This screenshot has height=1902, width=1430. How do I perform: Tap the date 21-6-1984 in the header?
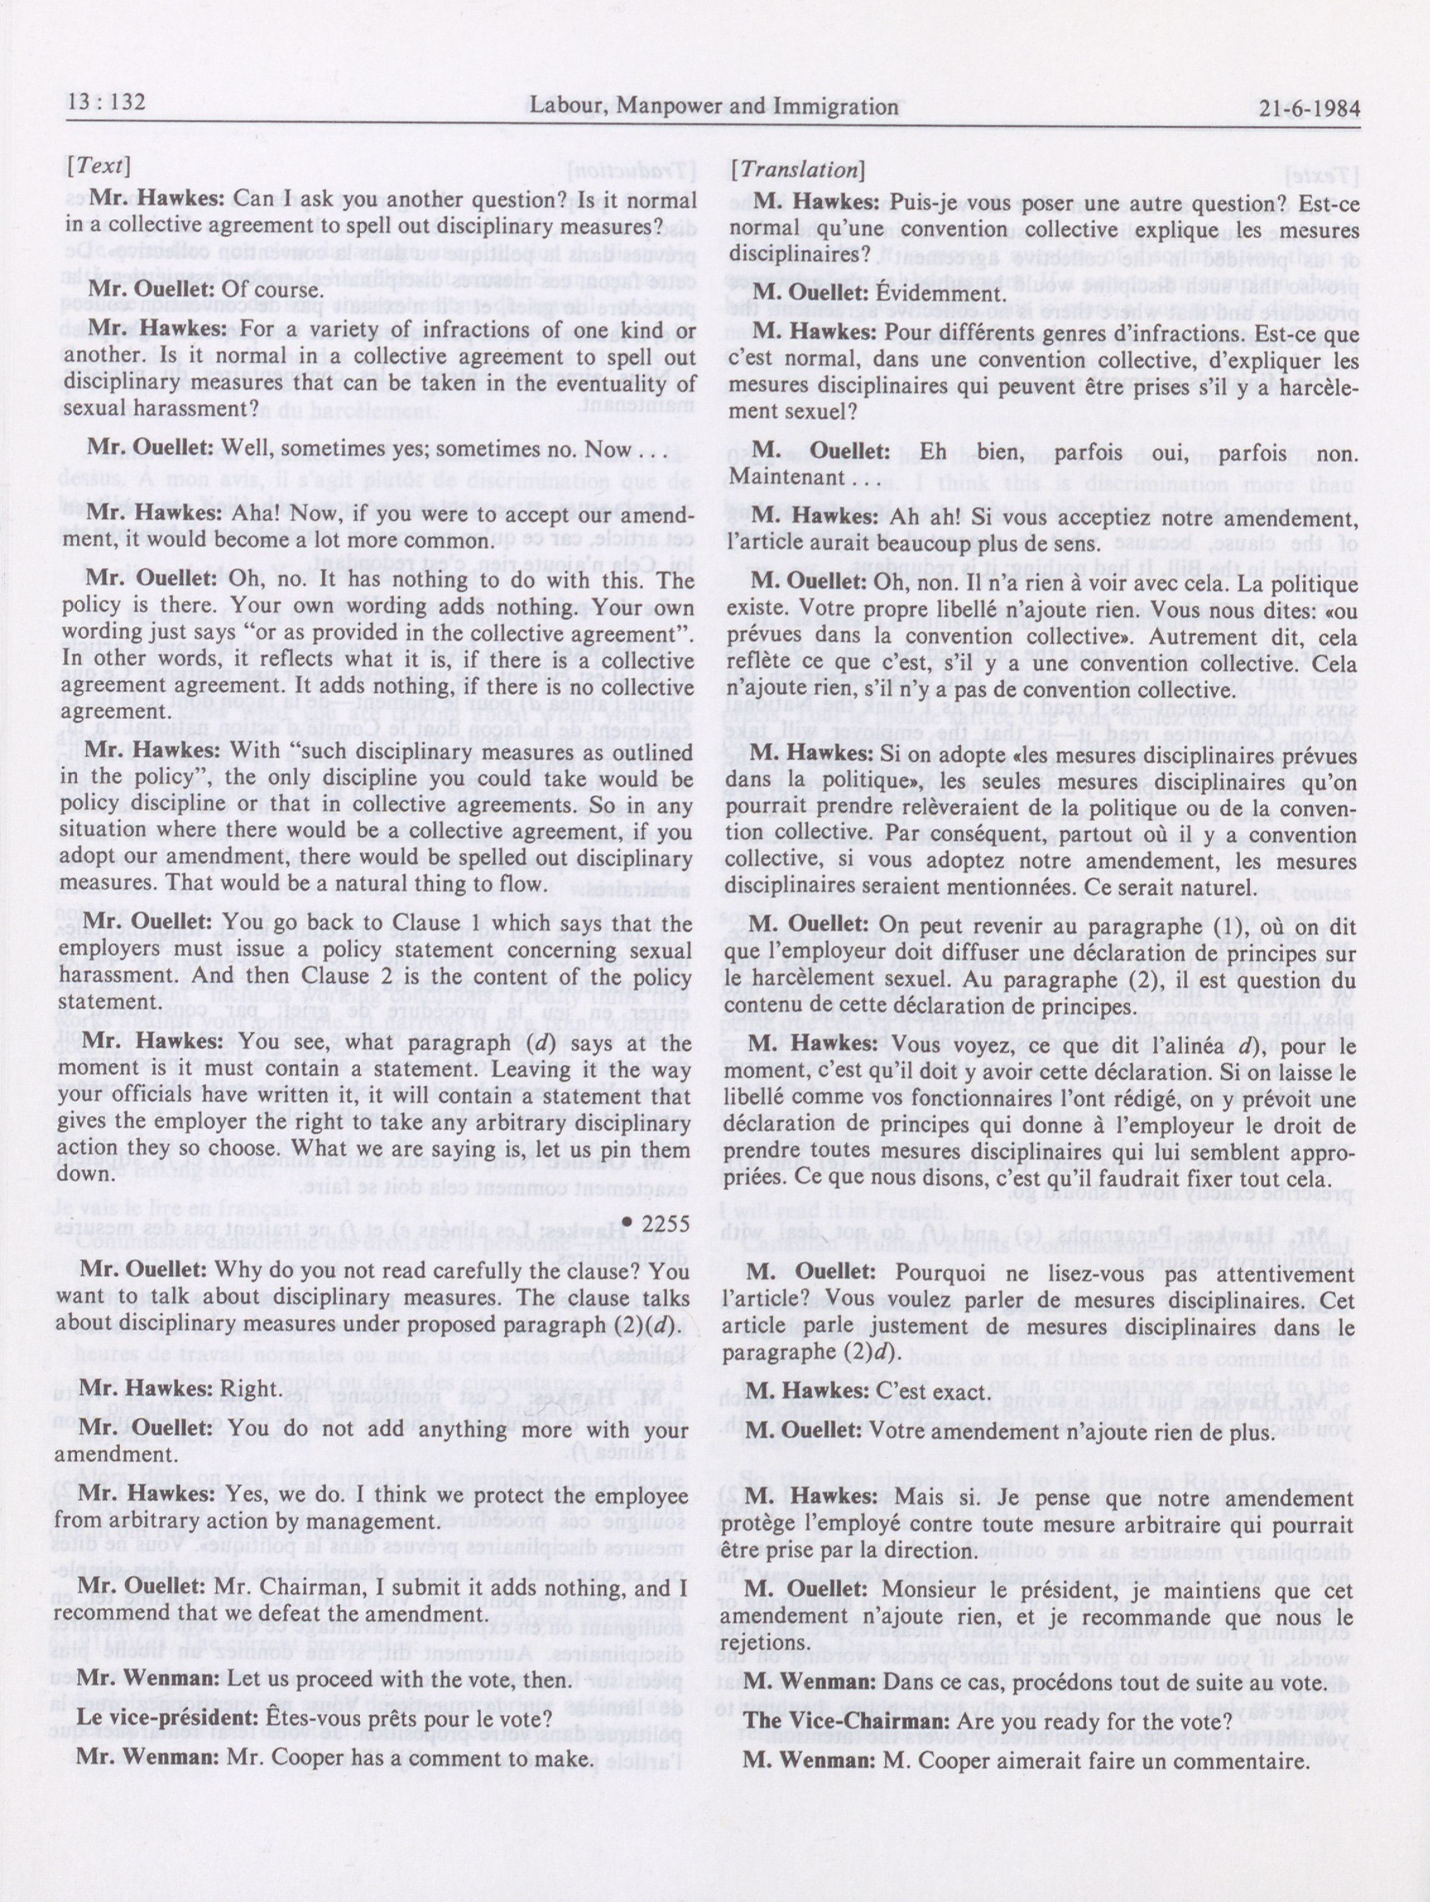[x=1309, y=109]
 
